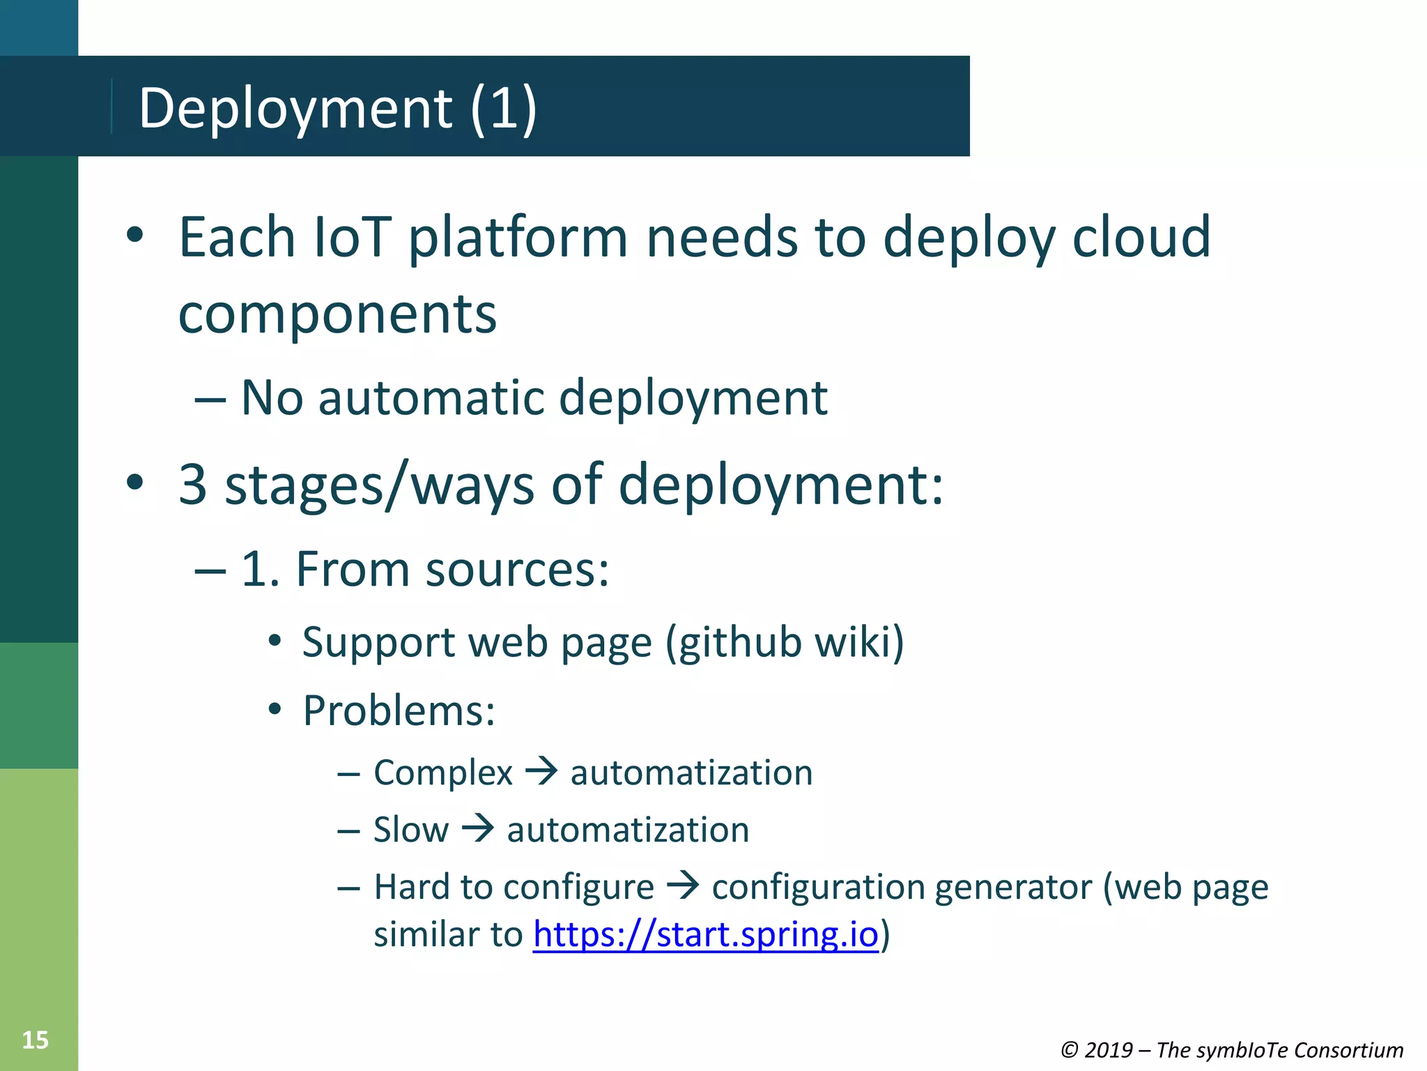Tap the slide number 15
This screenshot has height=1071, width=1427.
coord(35,1040)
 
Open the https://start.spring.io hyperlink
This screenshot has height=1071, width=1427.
coord(705,934)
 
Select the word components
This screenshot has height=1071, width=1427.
coord(337,315)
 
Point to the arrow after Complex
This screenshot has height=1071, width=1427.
coord(541,771)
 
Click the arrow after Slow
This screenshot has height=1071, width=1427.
coord(478,828)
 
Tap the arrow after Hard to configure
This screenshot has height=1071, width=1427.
coord(683,886)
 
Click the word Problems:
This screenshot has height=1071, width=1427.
coord(399,711)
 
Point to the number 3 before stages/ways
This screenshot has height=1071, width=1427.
coord(193,485)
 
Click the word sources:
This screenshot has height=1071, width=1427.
coord(517,569)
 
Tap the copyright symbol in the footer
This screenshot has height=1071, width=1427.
coord(1070,1050)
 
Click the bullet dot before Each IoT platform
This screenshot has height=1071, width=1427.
coord(135,236)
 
